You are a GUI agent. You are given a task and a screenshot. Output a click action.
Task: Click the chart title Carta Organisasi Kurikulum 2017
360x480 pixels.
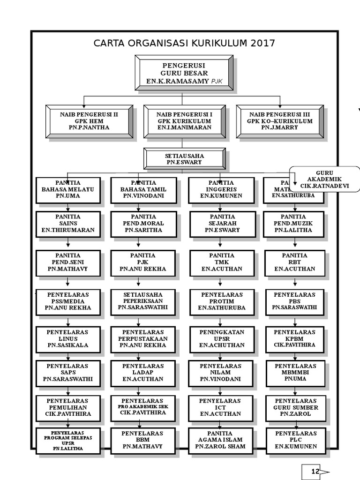click(184, 44)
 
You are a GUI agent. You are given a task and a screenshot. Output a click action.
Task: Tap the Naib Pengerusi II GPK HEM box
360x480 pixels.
click(89, 121)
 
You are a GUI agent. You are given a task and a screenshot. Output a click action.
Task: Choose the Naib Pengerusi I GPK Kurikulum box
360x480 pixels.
click(184, 121)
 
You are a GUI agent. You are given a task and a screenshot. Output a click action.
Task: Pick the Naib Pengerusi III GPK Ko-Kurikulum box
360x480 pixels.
click(280, 121)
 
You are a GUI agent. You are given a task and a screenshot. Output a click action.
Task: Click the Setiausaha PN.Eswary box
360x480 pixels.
click(184, 159)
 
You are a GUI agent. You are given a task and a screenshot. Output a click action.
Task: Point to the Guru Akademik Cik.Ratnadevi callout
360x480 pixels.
click(324, 179)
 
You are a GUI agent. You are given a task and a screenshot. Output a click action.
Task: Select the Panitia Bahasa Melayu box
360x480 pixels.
click(68, 190)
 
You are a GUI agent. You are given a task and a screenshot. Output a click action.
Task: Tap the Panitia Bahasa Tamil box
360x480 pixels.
click(143, 190)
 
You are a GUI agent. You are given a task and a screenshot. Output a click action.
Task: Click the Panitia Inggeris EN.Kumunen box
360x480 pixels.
click(222, 190)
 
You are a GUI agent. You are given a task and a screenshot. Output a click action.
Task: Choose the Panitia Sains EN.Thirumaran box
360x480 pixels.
click(68, 224)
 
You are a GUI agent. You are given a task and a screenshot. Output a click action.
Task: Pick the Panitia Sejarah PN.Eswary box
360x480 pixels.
click(222, 224)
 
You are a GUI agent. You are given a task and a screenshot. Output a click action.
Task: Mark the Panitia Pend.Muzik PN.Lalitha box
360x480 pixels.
click(294, 224)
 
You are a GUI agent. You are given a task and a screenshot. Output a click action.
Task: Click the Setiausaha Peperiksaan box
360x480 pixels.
click(143, 301)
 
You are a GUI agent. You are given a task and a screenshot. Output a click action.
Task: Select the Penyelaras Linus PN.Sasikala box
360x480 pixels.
click(68, 339)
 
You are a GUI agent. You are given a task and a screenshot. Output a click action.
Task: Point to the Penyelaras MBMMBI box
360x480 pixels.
click(294, 372)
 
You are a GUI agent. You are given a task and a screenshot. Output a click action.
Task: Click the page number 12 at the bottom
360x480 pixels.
click(315, 472)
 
